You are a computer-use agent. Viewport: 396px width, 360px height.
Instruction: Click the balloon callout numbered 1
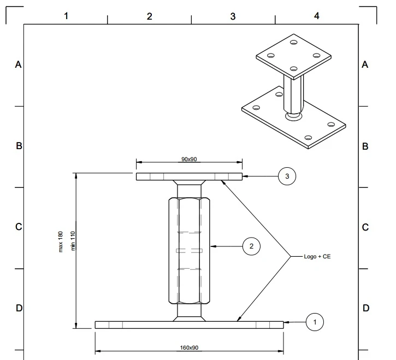pyautogui.click(x=315, y=322)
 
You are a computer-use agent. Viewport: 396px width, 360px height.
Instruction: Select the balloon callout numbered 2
pyautogui.click(x=251, y=246)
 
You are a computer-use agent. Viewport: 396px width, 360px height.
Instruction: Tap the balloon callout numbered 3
pyautogui.click(x=287, y=176)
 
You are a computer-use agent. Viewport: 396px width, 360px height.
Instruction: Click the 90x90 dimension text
pyautogui.click(x=189, y=159)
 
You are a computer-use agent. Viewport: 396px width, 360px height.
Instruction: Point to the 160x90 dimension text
pyautogui.click(x=189, y=347)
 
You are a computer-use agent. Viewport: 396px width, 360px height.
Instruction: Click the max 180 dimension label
pyautogui.click(x=61, y=241)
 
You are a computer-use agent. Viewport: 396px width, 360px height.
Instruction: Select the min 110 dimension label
pyautogui.click(x=72, y=241)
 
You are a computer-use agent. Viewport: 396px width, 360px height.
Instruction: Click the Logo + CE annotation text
pyautogui.click(x=317, y=256)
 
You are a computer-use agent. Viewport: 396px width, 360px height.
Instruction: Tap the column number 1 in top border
pyautogui.click(x=66, y=16)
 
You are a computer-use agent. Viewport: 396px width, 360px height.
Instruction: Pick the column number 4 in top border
pyautogui.click(x=316, y=16)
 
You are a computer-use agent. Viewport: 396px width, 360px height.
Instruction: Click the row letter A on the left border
pyautogui.click(x=18, y=64)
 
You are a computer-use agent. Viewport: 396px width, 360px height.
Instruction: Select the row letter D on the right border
pyautogui.click(x=365, y=308)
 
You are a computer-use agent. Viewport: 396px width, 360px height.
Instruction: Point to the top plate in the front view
pyautogui.click(x=189, y=176)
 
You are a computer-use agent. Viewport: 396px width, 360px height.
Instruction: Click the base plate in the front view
pyautogui.click(x=189, y=324)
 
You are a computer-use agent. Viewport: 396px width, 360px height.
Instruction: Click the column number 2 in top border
pyautogui.click(x=149, y=16)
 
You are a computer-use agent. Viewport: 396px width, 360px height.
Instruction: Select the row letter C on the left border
pyautogui.click(x=18, y=227)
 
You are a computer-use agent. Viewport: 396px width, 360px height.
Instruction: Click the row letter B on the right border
pyautogui.click(x=365, y=146)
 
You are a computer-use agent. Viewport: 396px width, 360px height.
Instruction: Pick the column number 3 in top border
pyautogui.click(x=233, y=16)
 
